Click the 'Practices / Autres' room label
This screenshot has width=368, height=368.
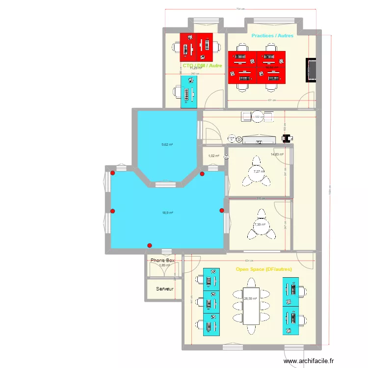click(x=272, y=36)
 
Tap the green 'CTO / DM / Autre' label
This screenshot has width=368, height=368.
click(x=202, y=65)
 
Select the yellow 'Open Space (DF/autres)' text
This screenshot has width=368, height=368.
click(x=263, y=269)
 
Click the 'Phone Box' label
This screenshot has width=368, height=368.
click(x=162, y=261)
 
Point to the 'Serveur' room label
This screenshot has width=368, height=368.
click(x=165, y=289)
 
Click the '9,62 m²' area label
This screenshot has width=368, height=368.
click(x=167, y=145)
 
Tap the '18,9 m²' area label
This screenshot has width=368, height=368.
click(x=167, y=213)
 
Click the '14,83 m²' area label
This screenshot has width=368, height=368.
click(x=277, y=155)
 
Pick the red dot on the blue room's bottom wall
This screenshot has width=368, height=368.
click(x=150, y=245)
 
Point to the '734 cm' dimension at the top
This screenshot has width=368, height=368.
click(x=240, y=9)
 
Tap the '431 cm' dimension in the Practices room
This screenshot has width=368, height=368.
click(x=271, y=101)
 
